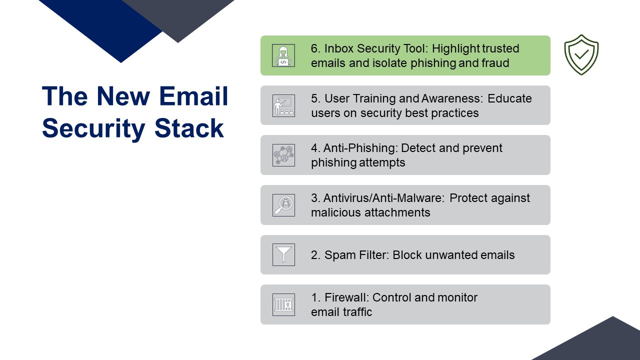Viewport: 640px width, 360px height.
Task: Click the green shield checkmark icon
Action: (581, 55)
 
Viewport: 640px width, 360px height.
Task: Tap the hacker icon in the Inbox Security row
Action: (283, 55)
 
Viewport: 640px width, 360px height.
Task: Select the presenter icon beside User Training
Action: (283, 105)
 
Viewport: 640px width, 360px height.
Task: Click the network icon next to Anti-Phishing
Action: (283, 155)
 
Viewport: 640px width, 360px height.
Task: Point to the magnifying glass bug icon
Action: (283, 205)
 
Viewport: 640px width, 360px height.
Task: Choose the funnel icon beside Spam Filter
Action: (283, 255)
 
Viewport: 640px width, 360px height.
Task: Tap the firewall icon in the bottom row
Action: (283, 304)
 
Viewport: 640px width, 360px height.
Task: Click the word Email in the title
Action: (193, 96)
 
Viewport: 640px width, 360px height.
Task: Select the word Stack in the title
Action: (189, 128)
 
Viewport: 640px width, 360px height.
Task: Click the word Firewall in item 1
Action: (347, 297)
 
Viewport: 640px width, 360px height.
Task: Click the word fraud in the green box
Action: (495, 63)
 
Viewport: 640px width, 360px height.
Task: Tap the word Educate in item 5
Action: (509, 98)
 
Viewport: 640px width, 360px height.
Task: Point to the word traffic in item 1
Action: (357, 311)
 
